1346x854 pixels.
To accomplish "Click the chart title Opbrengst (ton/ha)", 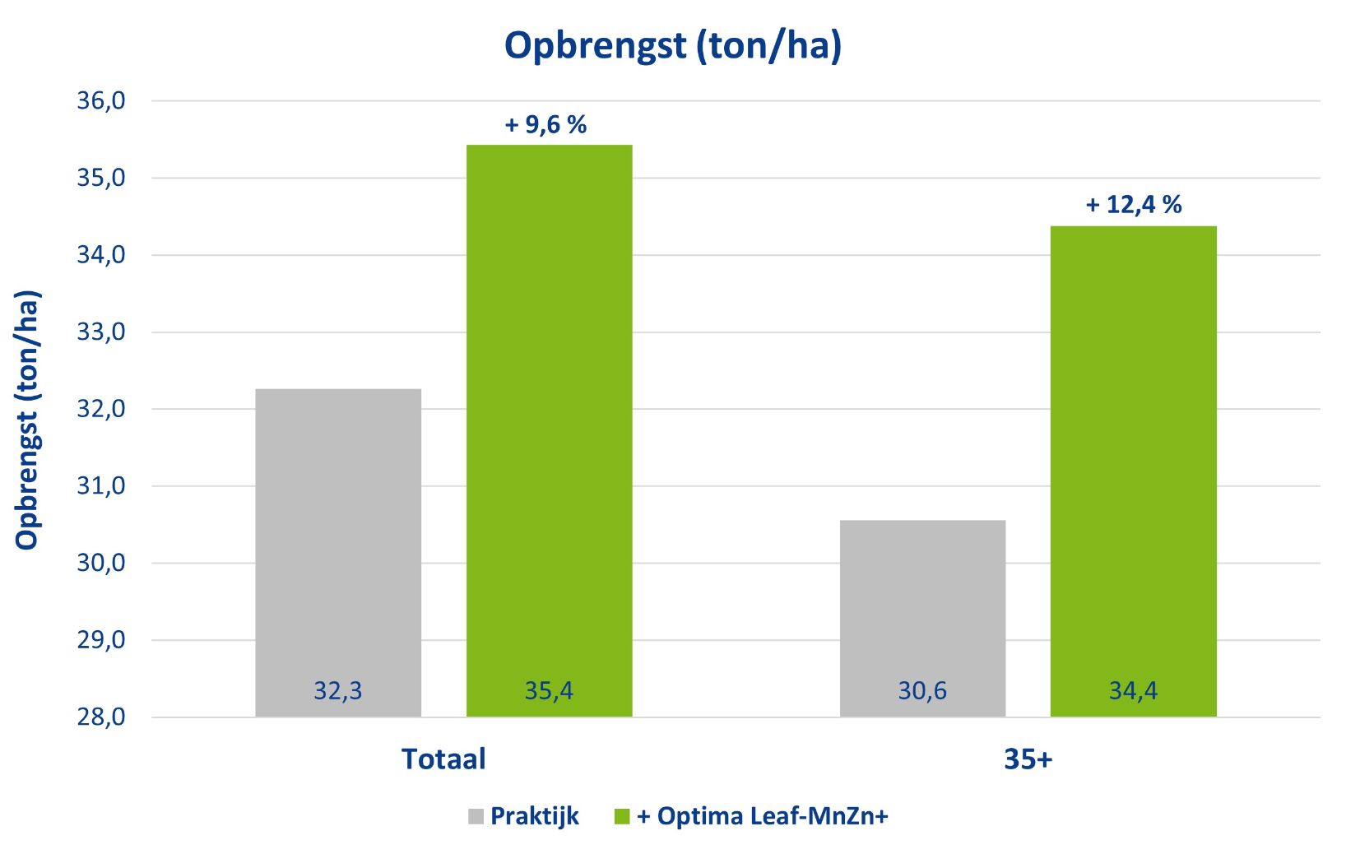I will click(x=672, y=45).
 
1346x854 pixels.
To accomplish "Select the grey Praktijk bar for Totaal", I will click(x=338, y=535).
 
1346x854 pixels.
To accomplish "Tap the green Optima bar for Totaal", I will click(x=549, y=411).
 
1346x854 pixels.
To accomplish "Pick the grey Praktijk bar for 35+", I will click(x=922, y=601).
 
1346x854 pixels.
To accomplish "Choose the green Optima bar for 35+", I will click(x=1133, y=453).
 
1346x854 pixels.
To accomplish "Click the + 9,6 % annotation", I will click(x=545, y=125).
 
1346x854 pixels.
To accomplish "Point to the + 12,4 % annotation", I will click(x=1134, y=205).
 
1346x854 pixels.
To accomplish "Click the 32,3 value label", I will click(x=338, y=690).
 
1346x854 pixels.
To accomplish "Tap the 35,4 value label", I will click(x=549, y=690).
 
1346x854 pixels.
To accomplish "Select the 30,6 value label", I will click(x=922, y=690).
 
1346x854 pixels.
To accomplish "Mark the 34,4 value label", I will click(x=1133, y=690).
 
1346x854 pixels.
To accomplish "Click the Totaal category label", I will click(x=443, y=759).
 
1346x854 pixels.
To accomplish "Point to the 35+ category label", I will click(x=1028, y=759).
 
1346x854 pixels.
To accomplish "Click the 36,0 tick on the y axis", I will click(x=101, y=101).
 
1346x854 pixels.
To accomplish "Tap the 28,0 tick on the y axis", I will click(x=101, y=717).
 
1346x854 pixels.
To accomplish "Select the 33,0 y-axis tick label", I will click(x=101, y=332).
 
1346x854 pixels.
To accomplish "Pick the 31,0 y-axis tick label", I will click(x=101, y=486).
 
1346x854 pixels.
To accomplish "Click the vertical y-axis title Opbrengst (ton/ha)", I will click(x=27, y=420).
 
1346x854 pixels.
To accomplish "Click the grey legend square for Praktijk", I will click(x=476, y=817).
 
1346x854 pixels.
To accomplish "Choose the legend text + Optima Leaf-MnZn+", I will click(x=762, y=816).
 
